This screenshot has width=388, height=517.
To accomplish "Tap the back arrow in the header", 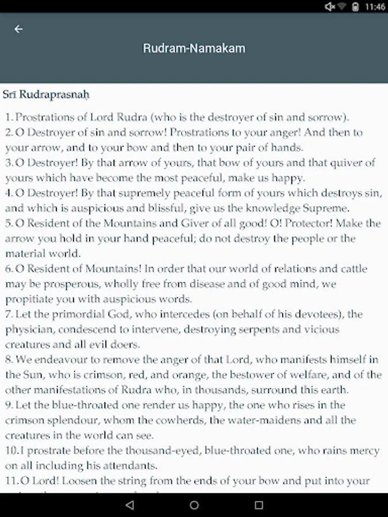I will (19, 29).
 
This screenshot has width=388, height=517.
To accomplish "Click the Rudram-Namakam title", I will (194, 48).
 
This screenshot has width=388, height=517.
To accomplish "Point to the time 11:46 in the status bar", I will (375, 7).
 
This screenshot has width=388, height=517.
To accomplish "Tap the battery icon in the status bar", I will (356, 7).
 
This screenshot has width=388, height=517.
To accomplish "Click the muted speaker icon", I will (330, 7).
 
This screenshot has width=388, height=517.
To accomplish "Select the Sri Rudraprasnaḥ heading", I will (46, 94).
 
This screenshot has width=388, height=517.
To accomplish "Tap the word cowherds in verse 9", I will (178, 420).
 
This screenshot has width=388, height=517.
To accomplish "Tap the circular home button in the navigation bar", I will (194, 505).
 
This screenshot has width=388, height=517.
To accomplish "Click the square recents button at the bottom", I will (259, 505).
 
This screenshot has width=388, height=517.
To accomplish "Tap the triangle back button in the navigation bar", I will (129, 505).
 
